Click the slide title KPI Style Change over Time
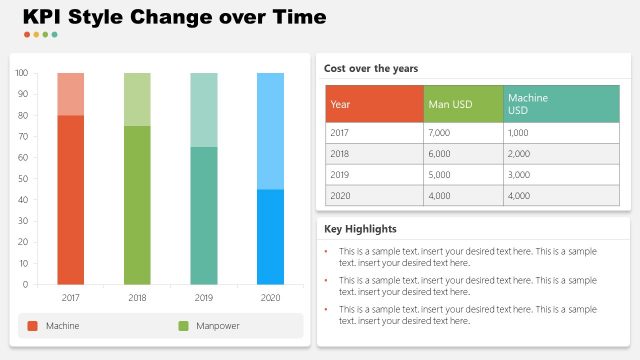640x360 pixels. [174, 17]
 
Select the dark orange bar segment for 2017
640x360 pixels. [70, 199]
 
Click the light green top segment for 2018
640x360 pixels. [137, 99]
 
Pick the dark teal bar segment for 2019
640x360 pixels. [203, 215]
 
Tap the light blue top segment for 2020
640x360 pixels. [270, 130]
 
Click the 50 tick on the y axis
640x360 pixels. [22, 179]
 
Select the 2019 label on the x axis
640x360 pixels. [203, 298]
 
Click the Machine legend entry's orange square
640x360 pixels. [32, 326]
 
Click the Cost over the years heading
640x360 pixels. [370, 68]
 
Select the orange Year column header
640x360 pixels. [374, 104]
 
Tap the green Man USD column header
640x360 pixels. [463, 104]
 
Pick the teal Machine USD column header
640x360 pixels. [560, 104]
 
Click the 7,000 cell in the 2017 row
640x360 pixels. [439, 133]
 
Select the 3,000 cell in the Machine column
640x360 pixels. [519, 175]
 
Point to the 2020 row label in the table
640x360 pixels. [340, 196]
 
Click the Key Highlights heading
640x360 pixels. [360, 229]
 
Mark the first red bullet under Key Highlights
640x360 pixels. [326, 251]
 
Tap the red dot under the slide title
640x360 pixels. [27, 35]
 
